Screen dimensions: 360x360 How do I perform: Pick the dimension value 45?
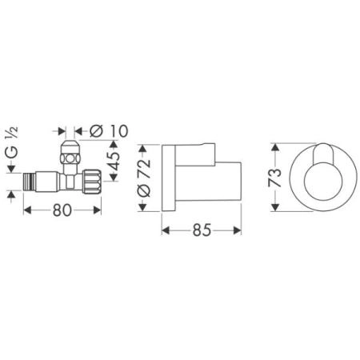pyautogui.click(x=113, y=165)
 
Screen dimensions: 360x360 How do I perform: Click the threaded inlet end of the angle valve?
pyautogui.click(x=31, y=179)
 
